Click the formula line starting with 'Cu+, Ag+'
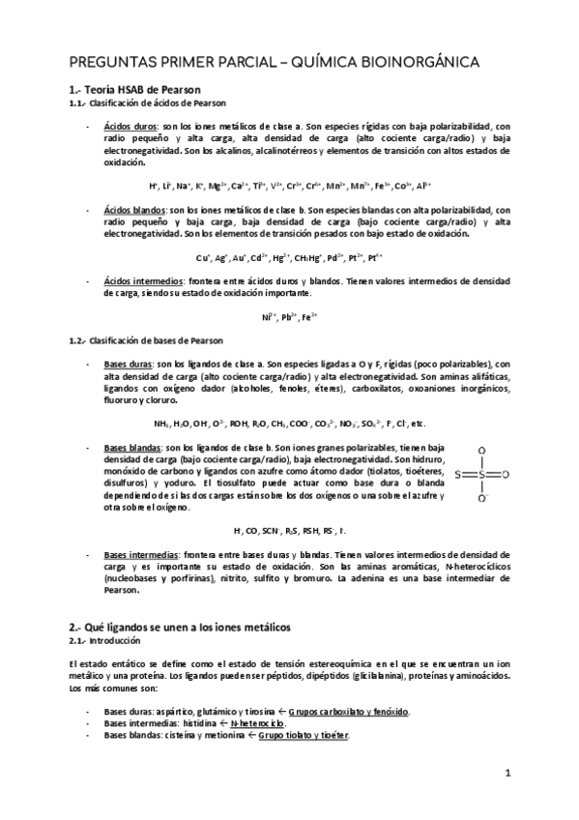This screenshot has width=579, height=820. (x=289, y=257)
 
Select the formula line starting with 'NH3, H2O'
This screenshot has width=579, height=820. (x=289, y=424)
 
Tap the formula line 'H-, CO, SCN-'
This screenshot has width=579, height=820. (x=289, y=531)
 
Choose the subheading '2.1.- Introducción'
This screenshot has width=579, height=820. (x=103, y=641)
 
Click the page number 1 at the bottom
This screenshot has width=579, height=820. (x=507, y=774)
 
